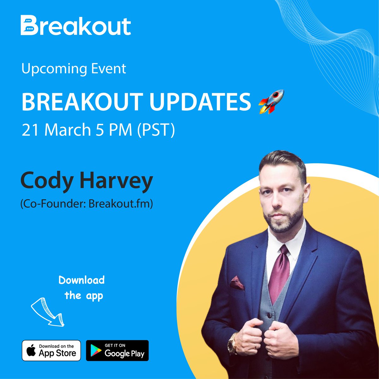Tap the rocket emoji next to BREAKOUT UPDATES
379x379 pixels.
point(271,102)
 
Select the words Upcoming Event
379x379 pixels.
point(74,69)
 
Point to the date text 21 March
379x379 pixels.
point(56,130)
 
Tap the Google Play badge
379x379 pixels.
point(117,351)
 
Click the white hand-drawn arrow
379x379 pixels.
point(47,311)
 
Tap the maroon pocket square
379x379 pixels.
point(237,283)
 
